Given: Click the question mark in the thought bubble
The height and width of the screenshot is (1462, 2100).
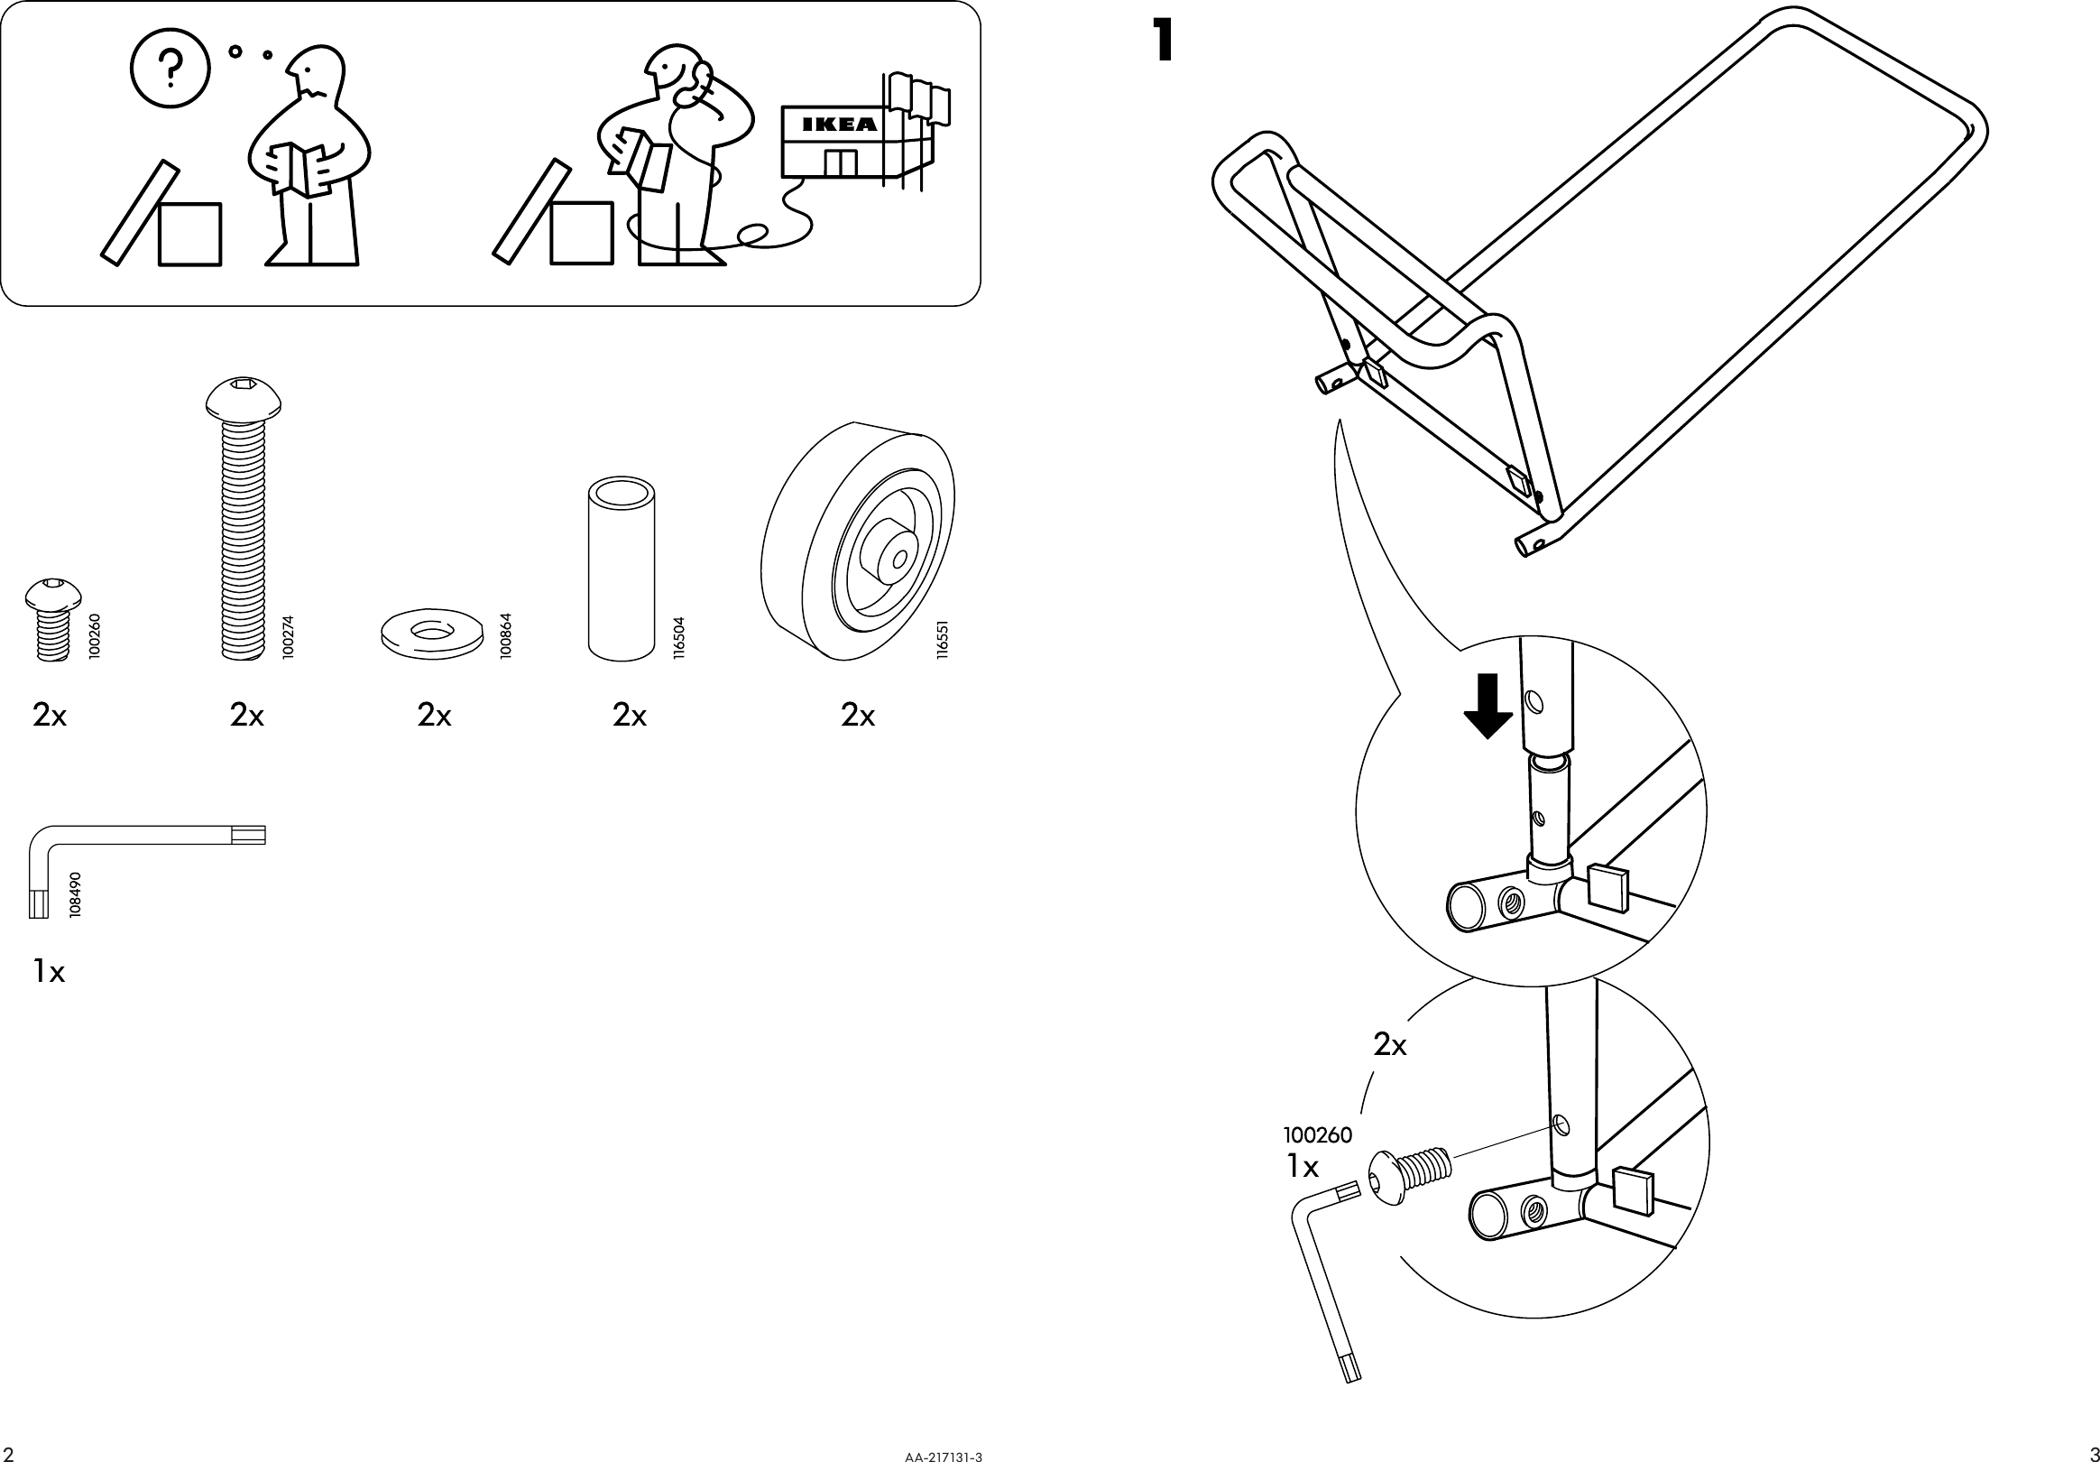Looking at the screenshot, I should (x=170, y=68).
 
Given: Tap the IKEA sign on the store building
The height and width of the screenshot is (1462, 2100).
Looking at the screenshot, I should (x=839, y=125).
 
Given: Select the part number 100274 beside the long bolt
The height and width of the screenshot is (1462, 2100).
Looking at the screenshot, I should (x=289, y=637).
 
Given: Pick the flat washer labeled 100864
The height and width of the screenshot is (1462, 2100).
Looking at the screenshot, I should (x=432, y=633).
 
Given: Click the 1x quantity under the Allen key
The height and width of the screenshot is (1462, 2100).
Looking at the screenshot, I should (x=49, y=972).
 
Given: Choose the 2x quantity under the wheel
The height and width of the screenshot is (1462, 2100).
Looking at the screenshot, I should (x=857, y=716).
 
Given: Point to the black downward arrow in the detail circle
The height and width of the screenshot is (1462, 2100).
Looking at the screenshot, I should (x=1488, y=706).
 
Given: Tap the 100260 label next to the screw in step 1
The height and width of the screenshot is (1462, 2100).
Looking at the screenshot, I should (x=1317, y=1135).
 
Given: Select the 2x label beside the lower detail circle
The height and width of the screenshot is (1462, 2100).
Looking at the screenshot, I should (x=1389, y=1045).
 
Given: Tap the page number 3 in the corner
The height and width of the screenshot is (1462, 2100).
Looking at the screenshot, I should (x=2093, y=1454).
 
